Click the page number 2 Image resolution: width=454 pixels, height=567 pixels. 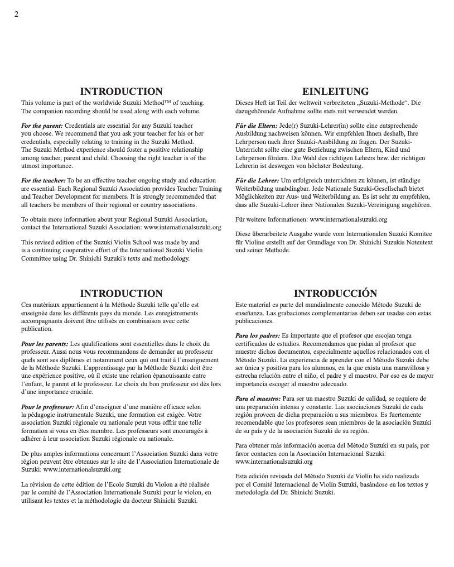pos(16,14)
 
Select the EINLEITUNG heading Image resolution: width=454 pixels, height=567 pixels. pos(335,92)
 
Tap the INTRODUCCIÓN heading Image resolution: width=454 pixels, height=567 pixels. pos(335,294)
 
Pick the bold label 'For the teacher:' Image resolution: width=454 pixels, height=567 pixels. pos(44,181)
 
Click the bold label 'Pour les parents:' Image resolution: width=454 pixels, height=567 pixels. pos(45,344)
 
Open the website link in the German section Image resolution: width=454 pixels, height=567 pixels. pos(348,220)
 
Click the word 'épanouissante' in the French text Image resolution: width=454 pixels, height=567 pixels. pos(168,376)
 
